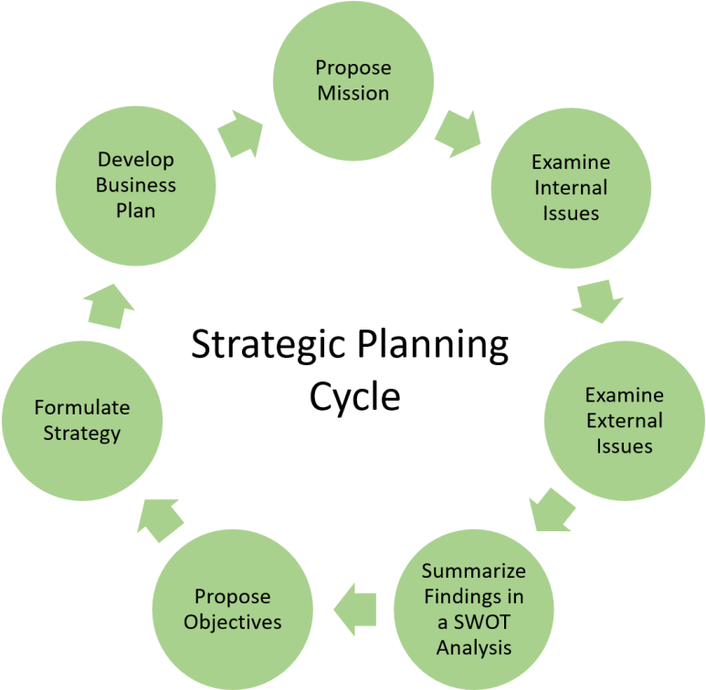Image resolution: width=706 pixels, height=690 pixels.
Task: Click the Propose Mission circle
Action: (353, 80)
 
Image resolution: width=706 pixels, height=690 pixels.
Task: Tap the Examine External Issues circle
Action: (625, 421)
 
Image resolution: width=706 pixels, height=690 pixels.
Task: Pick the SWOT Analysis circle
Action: (473, 609)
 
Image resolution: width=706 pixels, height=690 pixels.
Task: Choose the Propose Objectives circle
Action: (232, 609)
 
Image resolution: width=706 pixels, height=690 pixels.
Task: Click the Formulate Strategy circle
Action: (82, 421)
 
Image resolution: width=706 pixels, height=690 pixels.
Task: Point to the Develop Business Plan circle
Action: (136, 185)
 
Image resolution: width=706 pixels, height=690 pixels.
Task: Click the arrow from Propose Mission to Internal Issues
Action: (457, 133)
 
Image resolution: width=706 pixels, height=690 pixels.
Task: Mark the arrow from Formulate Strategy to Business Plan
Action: (111, 305)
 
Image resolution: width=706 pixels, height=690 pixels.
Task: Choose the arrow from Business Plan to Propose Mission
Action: (241, 133)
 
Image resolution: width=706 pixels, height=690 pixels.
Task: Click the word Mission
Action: (353, 93)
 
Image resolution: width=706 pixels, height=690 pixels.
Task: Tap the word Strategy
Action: (82, 433)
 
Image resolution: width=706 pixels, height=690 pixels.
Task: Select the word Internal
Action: (571, 188)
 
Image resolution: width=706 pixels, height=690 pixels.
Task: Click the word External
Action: (625, 422)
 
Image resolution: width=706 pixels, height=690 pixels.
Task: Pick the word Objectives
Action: (232, 622)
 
